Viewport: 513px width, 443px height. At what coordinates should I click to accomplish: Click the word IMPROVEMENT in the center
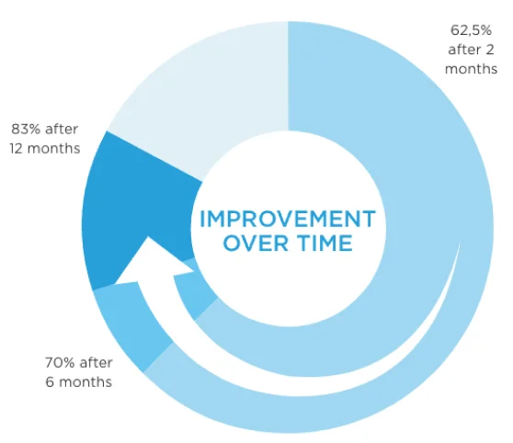click(x=288, y=219)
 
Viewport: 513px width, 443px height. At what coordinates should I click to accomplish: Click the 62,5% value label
click(x=471, y=30)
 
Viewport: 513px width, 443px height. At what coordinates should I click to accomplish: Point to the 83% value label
click(x=26, y=129)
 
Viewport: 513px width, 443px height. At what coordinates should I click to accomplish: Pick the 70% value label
click(x=60, y=362)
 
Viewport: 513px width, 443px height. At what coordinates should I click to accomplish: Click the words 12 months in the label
click(x=45, y=149)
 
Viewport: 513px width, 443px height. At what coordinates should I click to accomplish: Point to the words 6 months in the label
click(x=79, y=381)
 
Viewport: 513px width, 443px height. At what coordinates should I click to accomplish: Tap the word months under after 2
click(x=471, y=69)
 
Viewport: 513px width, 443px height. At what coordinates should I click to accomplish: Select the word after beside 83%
click(x=62, y=130)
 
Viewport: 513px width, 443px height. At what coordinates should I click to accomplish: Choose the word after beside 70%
click(x=97, y=362)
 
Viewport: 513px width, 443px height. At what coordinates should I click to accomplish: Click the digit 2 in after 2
click(x=490, y=50)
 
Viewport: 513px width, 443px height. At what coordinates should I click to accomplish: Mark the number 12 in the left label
click(x=16, y=149)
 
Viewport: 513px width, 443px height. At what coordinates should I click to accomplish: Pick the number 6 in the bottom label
click(x=50, y=381)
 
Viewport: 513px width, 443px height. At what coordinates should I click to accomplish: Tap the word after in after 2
click(x=464, y=50)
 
